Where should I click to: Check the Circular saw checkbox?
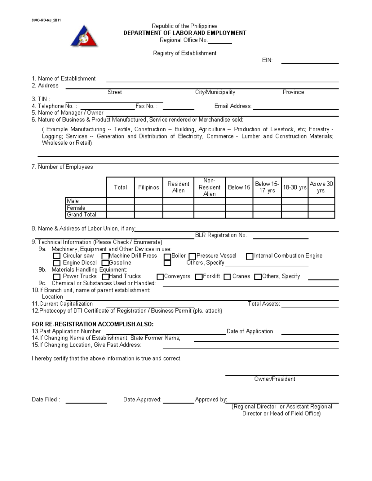point(56,256)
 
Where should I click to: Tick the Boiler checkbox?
point(167,256)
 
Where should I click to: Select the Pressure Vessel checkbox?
point(192,256)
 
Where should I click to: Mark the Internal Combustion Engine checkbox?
point(250,256)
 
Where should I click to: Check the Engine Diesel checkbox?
point(56,263)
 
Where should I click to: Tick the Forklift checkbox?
point(199,277)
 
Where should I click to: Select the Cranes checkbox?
point(227,277)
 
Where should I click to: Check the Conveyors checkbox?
point(160,277)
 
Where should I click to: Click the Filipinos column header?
point(148,187)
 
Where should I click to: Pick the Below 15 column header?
point(239,187)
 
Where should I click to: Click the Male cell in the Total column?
point(120,201)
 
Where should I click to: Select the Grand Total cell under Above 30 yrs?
point(321,215)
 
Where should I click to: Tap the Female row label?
point(76,208)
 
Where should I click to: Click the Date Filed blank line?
point(86,402)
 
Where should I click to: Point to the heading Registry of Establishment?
point(185,53)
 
